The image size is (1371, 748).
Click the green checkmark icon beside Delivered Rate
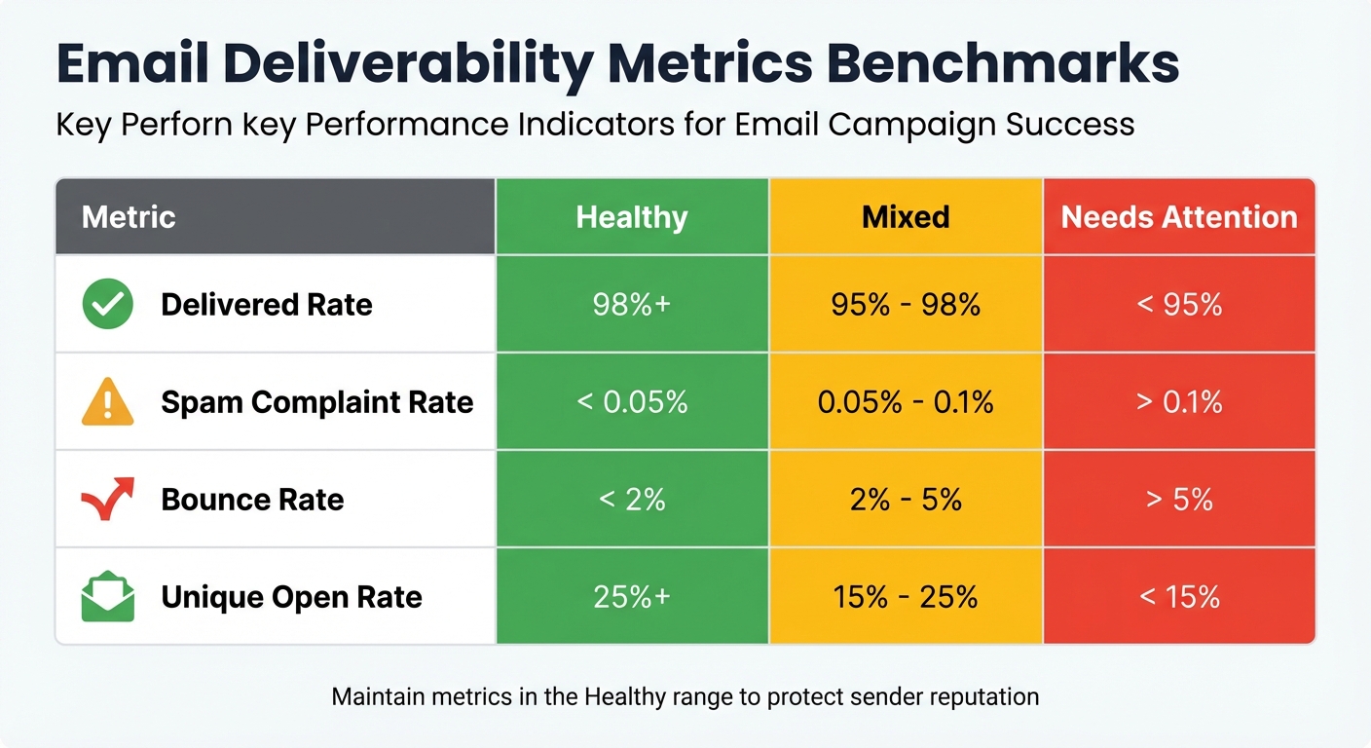point(107,304)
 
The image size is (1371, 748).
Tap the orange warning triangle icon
point(107,402)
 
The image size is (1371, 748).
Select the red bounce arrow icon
point(107,499)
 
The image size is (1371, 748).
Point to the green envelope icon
point(107,596)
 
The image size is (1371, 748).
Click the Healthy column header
point(632,216)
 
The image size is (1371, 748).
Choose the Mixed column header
point(906,216)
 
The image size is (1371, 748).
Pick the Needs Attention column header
point(1179,216)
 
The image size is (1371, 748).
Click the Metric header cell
point(129,216)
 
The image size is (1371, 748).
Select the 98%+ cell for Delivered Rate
point(632,305)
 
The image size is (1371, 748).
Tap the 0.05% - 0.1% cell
point(906,402)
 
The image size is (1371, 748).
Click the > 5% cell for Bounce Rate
point(1179,500)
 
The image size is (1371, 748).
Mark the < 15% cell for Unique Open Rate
point(1179,596)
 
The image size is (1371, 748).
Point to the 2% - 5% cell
point(906,500)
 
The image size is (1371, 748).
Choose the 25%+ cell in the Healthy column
point(632,596)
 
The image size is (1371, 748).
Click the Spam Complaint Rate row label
point(316,402)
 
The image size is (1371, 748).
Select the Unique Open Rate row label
point(291,596)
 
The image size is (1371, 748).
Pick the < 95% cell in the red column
point(1179,305)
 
